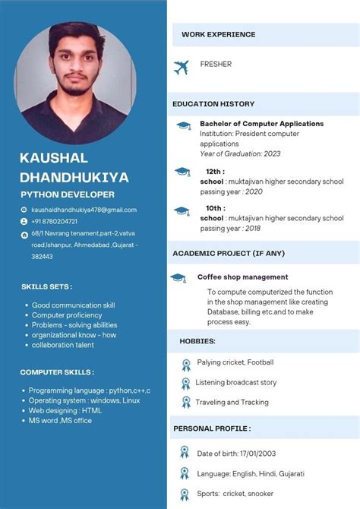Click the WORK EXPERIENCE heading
coord(218,34)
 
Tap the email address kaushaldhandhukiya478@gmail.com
coord(84,210)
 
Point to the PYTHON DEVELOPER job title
coord(68,195)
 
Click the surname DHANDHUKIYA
coord(74,178)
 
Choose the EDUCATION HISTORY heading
coord(213,103)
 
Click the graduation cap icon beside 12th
coord(182,173)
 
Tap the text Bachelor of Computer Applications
coord(261,123)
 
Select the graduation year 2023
coord(272,153)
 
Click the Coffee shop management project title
coord(242,277)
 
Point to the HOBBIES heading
coord(197,341)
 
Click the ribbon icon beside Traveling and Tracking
coord(185,402)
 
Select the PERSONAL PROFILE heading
coord(212,428)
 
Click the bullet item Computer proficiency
coord(67,315)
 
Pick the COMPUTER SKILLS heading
coord(57,372)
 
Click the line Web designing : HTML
coord(65,410)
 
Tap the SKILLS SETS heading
coord(47,286)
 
